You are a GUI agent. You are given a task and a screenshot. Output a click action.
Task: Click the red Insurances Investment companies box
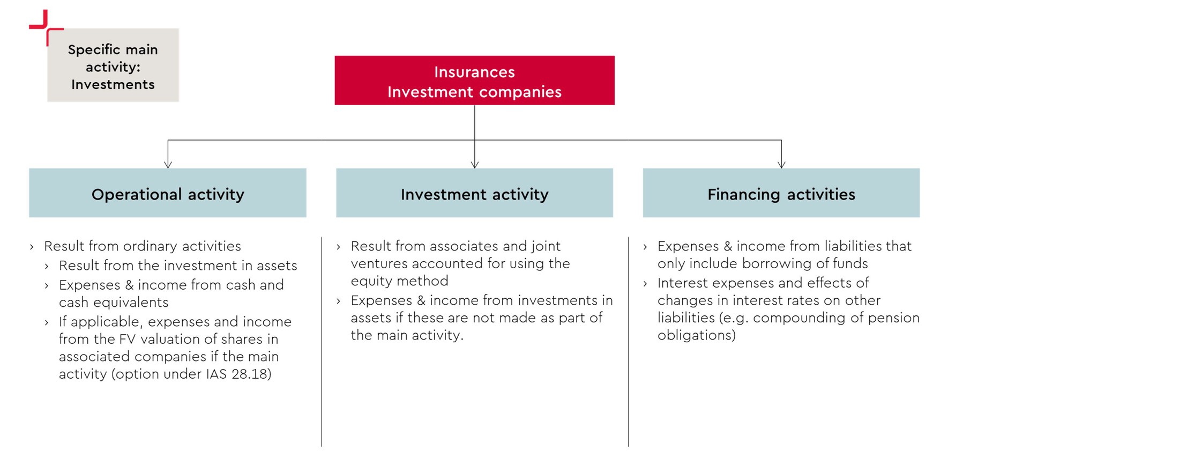[474, 80]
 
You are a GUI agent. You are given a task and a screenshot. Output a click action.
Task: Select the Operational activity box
[168, 193]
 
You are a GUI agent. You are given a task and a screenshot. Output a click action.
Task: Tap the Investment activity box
[474, 193]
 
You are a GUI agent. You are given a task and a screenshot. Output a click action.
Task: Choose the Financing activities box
[781, 193]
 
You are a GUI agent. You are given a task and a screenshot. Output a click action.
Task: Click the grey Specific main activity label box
[113, 65]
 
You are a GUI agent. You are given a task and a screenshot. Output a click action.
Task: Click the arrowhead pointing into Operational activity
[168, 165]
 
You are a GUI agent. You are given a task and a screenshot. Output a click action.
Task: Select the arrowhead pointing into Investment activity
[474, 165]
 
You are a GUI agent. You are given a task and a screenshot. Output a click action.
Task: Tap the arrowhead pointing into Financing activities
[781, 165]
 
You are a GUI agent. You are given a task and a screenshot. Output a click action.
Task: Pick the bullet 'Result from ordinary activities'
[143, 246]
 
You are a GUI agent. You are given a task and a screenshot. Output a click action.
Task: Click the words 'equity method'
[399, 281]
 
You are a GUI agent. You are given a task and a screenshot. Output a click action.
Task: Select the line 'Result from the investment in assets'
[178, 266]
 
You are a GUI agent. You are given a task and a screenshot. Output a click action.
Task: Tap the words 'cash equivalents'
[114, 303]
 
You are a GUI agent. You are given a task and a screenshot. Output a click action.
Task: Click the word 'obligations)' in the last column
[697, 335]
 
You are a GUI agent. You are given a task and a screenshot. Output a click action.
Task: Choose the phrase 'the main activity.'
[407, 335]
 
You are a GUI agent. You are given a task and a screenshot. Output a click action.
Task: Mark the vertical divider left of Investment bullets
[322, 342]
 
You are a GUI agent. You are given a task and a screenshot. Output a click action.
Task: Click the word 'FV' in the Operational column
[128, 339]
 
